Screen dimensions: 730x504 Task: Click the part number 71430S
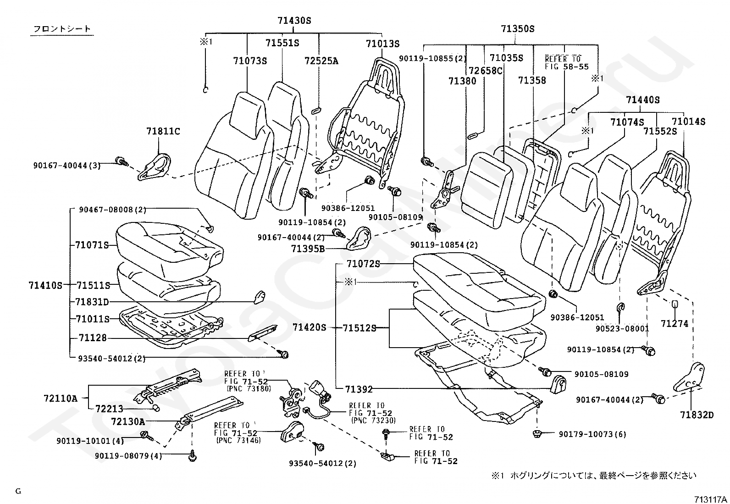[294, 21]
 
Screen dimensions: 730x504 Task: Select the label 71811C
[163, 131]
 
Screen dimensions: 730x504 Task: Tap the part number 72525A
[321, 61]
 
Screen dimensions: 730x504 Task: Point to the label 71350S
[518, 29]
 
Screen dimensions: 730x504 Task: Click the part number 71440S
[643, 100]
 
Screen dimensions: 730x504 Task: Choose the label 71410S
[45, 286]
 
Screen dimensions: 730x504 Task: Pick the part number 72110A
[61, 399]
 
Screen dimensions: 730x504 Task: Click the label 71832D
[697, 415]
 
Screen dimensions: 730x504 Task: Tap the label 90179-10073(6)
[592, 434]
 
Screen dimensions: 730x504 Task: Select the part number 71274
[675, 324]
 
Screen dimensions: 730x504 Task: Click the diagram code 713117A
[710, 499]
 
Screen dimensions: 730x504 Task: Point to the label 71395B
[308, 249]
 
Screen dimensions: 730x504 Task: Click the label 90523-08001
[622, 329]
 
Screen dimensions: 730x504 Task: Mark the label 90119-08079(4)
[128, 456]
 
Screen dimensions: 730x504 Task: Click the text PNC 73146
[238, 440]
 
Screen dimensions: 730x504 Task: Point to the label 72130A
[128, 422]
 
